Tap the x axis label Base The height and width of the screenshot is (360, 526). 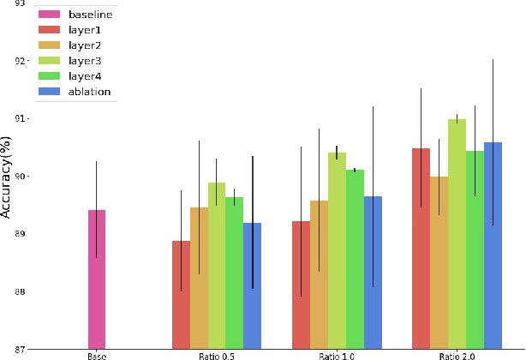point(96,355)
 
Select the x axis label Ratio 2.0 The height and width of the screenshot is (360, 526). point(457,355)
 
